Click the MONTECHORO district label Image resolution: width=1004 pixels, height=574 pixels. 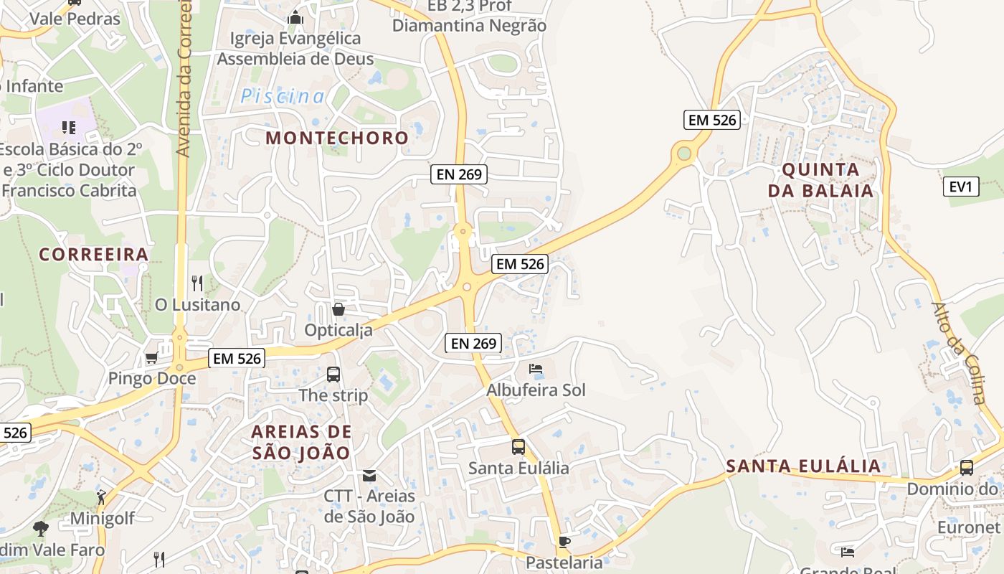(337, 138)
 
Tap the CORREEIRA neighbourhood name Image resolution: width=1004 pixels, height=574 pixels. (94, 254)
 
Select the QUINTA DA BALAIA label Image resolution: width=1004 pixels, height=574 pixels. (820, 180)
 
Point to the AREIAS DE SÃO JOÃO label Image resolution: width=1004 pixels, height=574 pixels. (301, 442)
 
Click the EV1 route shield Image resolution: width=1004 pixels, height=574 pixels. (961, 187)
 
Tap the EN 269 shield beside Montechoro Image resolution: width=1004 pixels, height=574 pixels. (459, 174)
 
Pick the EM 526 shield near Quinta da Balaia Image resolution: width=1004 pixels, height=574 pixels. (711, 120)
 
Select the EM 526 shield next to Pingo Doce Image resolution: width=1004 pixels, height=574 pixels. (237, 357)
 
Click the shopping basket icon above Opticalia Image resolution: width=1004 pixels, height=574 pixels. (338, 309)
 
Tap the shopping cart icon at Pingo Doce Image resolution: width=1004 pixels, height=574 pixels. (151, 357)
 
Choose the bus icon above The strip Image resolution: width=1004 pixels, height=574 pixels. (333, 374)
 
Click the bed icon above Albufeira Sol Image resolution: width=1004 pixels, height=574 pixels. (536, 370)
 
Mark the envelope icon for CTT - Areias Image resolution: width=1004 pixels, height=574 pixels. (369, 475)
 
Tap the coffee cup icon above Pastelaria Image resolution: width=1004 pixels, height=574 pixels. (564, 542)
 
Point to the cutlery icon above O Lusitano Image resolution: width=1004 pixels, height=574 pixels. (198, 283)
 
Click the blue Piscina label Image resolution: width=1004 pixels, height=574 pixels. (283, 96)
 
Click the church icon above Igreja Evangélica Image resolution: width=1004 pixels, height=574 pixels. (295, 17)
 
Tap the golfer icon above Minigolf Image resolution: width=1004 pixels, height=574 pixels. (102, 497)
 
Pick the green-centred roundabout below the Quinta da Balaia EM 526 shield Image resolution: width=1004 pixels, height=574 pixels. (684, 153)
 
